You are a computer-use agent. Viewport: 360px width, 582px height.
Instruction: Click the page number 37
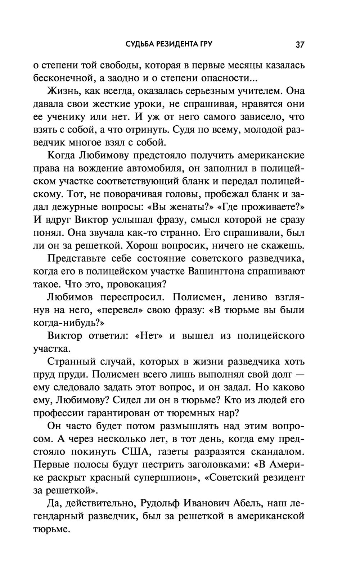pos(300,45)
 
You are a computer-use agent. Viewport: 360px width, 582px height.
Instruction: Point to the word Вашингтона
pos(235,272)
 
